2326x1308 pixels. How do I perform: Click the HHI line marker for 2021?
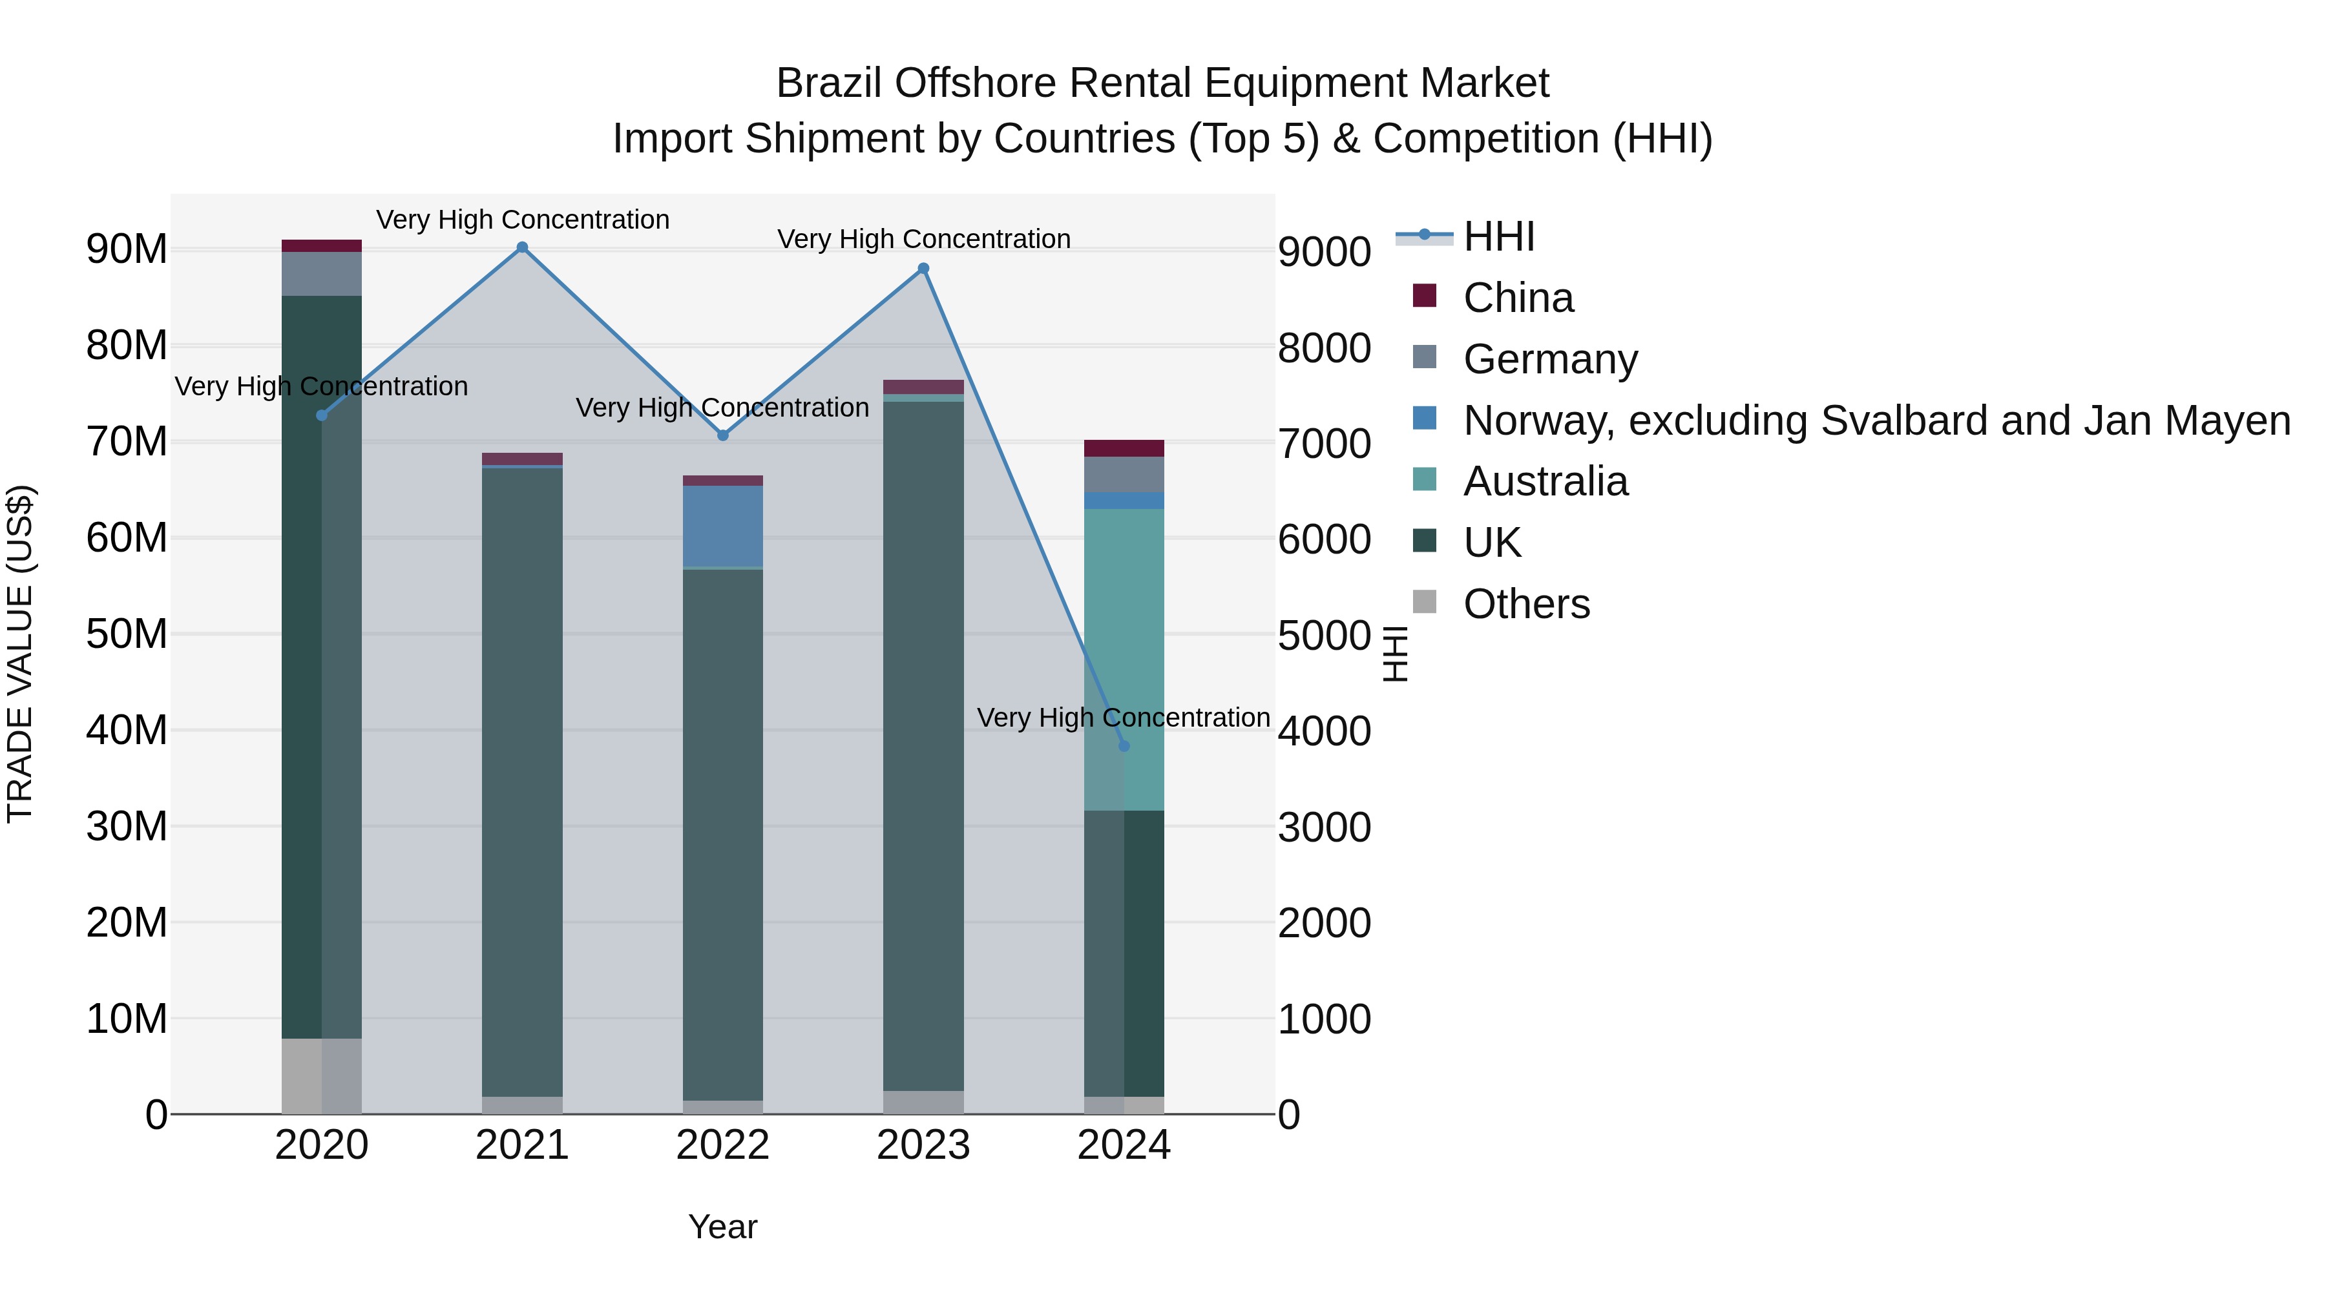point(522,247)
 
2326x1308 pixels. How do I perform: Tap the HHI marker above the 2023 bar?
point(923,269)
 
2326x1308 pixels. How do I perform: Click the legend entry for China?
point(1517,298)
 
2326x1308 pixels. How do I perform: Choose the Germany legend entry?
point(1549,359)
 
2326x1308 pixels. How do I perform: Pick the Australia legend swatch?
point(1424,480)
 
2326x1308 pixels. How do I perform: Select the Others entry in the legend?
point(1526,604)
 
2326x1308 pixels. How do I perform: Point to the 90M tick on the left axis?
point(127,249)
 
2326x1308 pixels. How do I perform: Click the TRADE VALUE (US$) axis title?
point(20,654)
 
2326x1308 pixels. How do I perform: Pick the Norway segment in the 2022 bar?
point(722,526)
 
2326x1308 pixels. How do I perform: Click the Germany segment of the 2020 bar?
point(322,273)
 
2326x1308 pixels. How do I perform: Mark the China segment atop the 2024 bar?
point(1124,449)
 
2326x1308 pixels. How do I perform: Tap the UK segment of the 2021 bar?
point(522,781)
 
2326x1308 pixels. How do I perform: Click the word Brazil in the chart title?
point(829,83)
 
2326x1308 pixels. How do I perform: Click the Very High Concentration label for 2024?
point(1124,718)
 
